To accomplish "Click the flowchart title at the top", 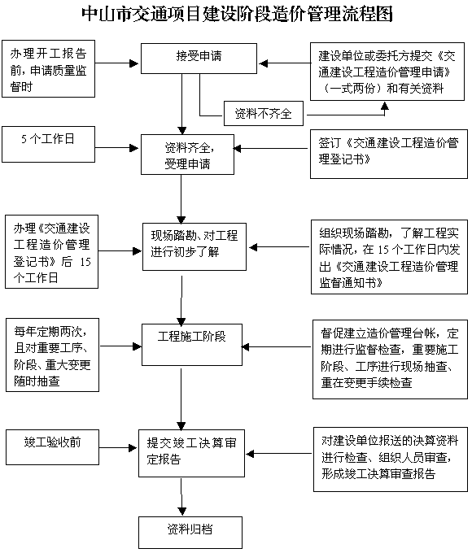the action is [237, 15].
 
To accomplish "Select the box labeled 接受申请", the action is [199, 59].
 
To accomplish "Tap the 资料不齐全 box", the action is [264, 114].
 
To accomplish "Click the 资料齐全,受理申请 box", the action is [187, 155].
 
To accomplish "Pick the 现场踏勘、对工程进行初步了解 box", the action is [194, 247].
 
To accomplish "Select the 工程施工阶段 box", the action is [192, 345].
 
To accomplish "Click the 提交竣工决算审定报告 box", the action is [191, 453].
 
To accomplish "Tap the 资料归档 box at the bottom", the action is [190, 533].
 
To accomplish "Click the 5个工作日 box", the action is [48, 144].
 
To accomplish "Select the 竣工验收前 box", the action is [52, 447].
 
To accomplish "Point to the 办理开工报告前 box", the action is [48, 68].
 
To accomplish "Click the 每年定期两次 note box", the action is [52, 355].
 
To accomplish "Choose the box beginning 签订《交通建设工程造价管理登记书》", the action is [389, 154].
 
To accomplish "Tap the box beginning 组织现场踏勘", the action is [389, 257].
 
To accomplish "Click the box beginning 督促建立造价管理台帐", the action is [390, 359].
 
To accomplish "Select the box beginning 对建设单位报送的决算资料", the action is [391, 459].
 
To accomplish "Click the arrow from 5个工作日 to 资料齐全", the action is [116, 148].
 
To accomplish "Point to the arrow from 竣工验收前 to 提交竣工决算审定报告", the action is [118, 448].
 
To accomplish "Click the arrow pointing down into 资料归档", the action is [181, 497].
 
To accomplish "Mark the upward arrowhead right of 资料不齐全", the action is [385, 107].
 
